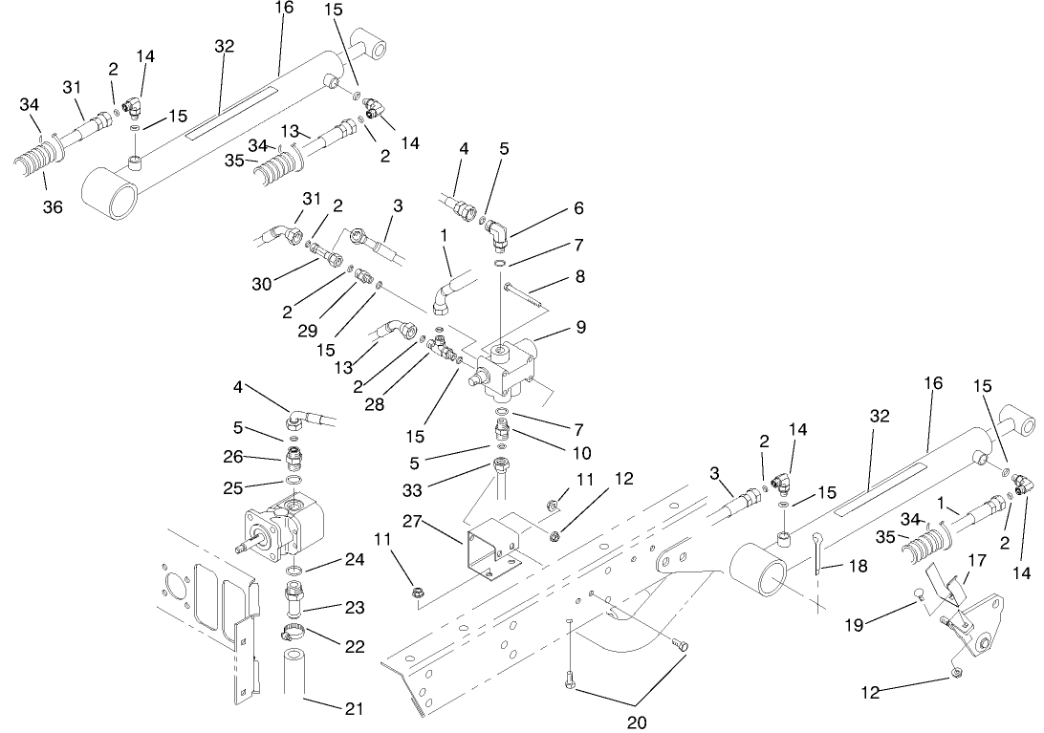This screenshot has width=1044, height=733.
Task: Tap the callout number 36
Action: (53, 206)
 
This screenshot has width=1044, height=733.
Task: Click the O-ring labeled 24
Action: (295, 571)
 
